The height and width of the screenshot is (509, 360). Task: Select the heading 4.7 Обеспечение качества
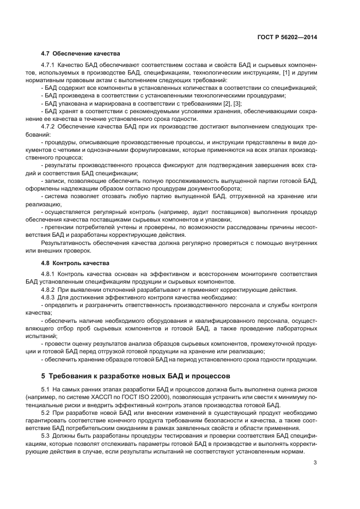[81, 53]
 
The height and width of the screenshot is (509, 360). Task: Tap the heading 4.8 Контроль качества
[76, 263]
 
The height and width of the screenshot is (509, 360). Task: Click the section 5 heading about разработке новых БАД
[136, 376]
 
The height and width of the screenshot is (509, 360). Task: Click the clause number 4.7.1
[48, 65]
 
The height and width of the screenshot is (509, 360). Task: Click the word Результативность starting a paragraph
[66, 243]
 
